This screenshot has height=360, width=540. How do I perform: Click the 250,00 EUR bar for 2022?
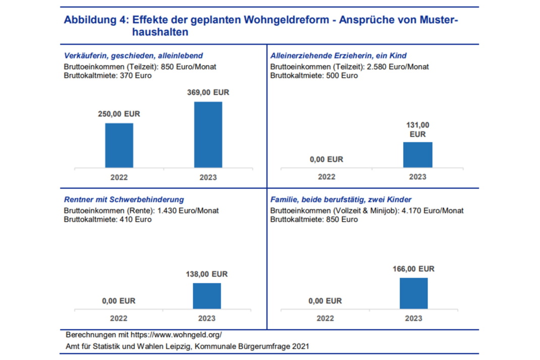click(x=119, y=145)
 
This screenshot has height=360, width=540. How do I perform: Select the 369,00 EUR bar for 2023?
click(x=208, y=135)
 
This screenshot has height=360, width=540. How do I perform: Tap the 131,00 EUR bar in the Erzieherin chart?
click(x=417, y=155)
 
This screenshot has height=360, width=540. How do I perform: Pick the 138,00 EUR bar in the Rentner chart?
click(x=207, y=296)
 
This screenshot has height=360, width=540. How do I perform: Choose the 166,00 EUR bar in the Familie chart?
click(x=413, y=293)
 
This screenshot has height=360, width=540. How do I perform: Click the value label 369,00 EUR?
click(x=208, y=93)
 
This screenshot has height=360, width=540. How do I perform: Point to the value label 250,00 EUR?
click(x=119, y=114)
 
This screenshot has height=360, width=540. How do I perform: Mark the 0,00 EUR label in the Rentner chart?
click(x=119, y=301)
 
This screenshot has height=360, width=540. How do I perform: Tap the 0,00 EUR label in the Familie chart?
click(x=325, y=301)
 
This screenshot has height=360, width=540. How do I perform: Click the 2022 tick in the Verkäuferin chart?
click(x=119, y=177)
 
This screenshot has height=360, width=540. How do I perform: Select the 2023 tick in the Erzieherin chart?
click(x=417, y=177)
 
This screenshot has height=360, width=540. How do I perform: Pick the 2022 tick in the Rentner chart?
click(x=119, y=319)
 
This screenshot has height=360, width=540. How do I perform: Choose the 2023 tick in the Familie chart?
click(x=413, y=319)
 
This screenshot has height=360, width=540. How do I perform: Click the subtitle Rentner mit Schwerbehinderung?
click(x=124, y=200)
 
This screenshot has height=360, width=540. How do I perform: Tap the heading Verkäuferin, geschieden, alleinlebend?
click(x=133, y=56)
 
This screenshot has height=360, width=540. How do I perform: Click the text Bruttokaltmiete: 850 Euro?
click(x=314, y=220)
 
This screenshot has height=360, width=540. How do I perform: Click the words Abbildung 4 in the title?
click(x=94, y=20)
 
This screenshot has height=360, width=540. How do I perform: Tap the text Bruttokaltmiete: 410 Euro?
click(x=107, y=220)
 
